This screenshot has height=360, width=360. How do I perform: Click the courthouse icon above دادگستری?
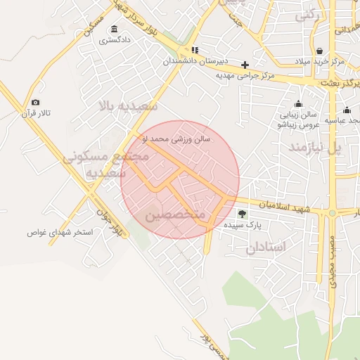pyautogui.click(x=114, y=29)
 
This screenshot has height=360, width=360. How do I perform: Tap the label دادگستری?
pyautogui.click(x=114, y=40)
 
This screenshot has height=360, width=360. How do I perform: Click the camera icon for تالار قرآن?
pyautogui.click(x=36, y=103)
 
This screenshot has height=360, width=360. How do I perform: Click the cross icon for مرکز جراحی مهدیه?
pyautogui.click(x=245, y=65)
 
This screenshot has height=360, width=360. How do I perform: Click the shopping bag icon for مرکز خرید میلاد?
pyautogui.click(x=321, y=51)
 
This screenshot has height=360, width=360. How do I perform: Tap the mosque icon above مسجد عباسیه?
pyautogui.click(x=347, y=110)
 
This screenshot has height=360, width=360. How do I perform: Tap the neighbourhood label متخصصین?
pyautogui.click(x=176, y=214)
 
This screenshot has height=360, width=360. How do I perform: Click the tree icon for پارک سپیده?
pyautogui.click(x=243, y=213)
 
